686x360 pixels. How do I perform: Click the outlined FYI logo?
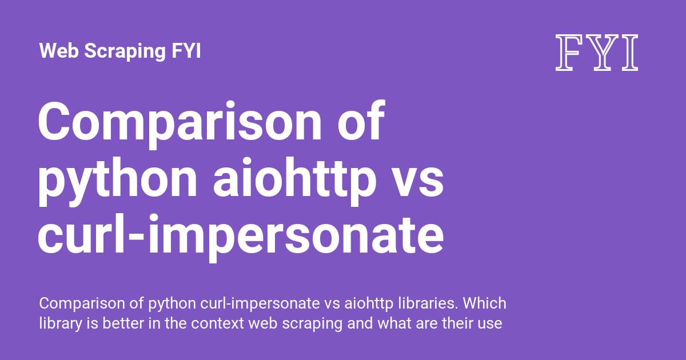tap(597, 53)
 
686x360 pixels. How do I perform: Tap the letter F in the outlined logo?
tap(567, 53)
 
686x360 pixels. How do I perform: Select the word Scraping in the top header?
tap(125, 51)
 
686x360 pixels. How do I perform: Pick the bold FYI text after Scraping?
tap(186, 50)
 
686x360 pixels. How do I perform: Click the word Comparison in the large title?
tap(180, 122)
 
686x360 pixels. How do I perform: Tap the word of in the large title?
tap(361, 120)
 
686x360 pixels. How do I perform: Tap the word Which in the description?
tap(485, 303)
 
